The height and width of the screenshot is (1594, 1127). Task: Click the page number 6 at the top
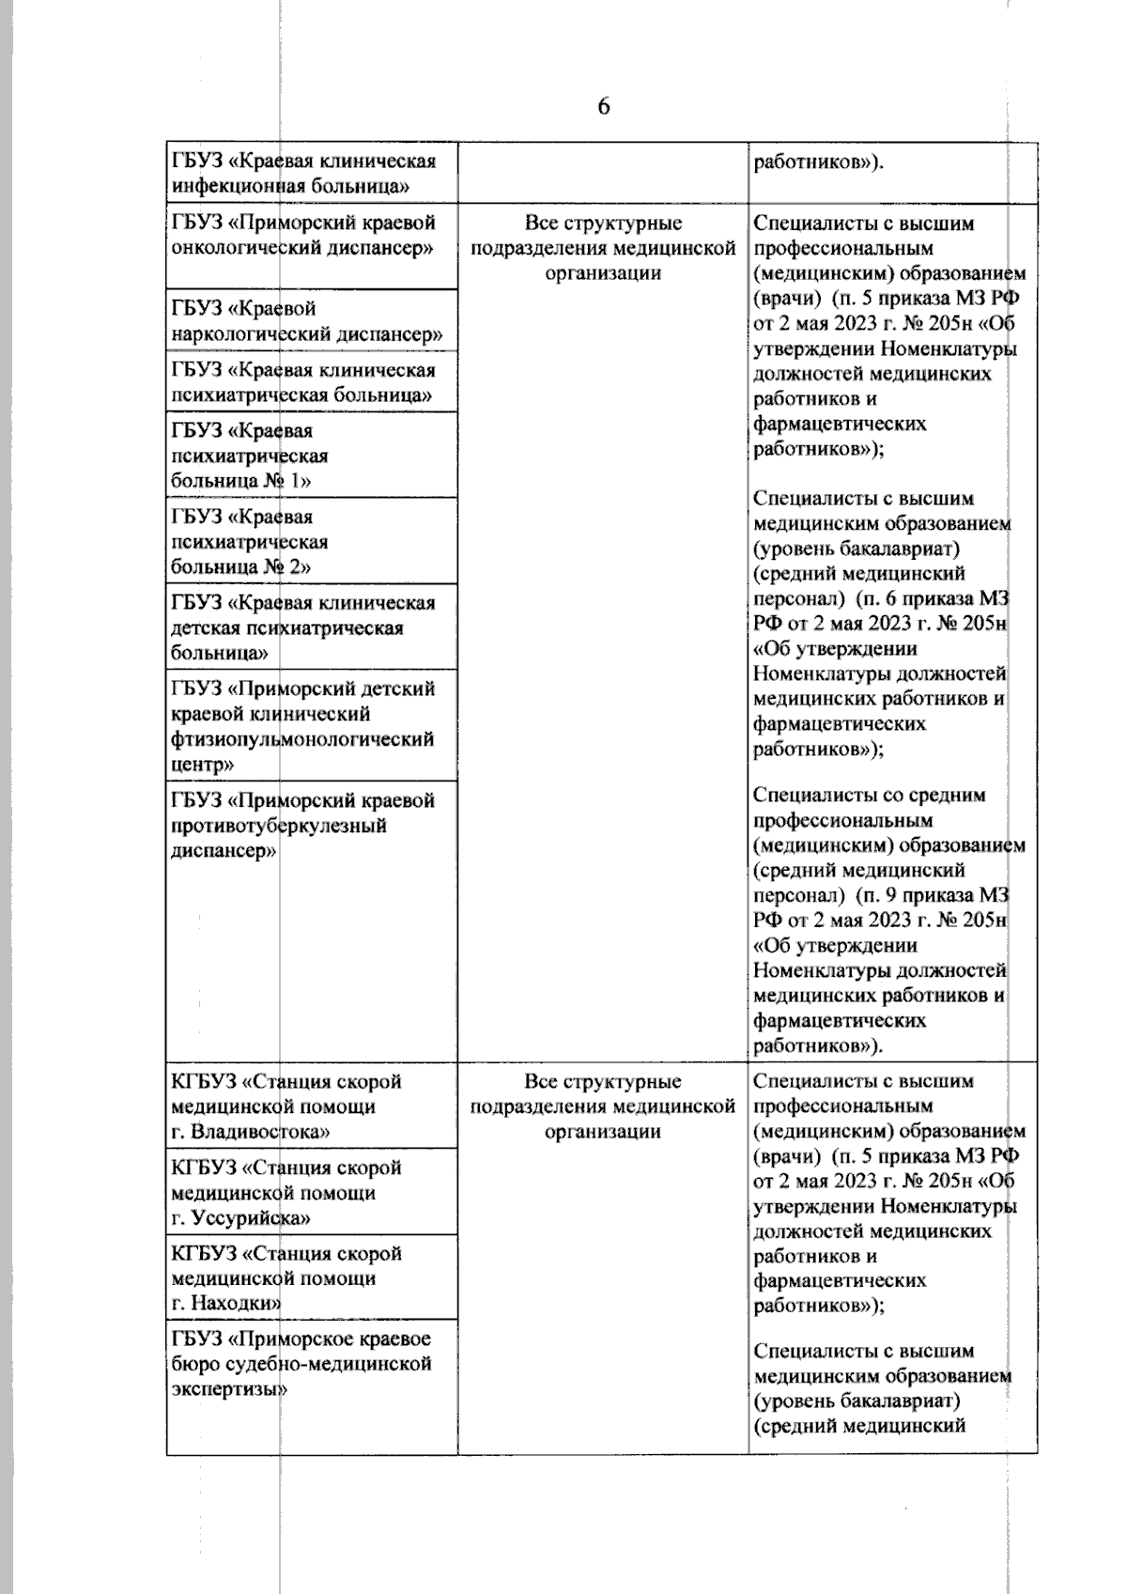tap(603, 106)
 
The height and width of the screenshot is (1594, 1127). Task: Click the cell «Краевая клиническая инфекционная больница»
tap(302, 174)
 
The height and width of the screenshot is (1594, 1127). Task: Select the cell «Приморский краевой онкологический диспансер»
tap(302, 236)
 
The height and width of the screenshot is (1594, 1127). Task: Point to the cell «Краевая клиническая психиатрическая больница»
tap(302, 382)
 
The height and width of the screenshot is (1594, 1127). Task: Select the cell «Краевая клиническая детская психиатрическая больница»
tap(302, 627)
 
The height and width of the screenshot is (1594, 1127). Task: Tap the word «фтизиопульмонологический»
tap(302, 739)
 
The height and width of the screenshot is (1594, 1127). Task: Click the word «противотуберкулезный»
tap(278, 827)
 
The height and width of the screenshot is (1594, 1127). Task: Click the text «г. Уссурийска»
tap(241, 1218)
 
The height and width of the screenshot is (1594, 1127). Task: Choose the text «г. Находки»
tap(226, 1304)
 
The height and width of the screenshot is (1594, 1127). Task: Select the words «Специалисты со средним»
tap(870, 796)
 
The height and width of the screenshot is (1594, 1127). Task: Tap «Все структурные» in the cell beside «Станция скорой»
tap(602, 1082)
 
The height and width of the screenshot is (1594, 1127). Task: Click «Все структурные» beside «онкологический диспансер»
tap(602, 224)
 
